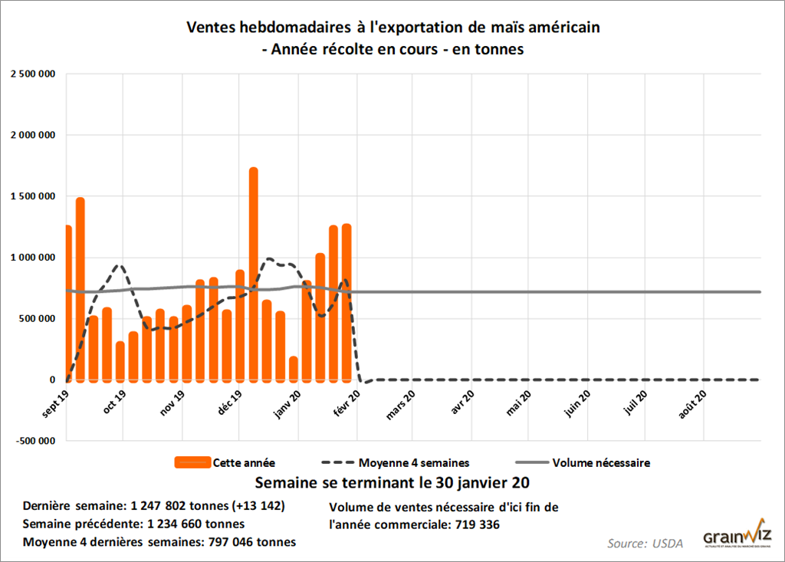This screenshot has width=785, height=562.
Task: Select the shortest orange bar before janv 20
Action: tap(294, 368)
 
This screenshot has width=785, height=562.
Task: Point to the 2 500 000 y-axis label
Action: tap(33, 74)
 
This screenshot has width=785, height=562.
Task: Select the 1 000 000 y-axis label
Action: tap(33, 258)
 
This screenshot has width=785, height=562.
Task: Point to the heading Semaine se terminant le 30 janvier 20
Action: tap(392, 484)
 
